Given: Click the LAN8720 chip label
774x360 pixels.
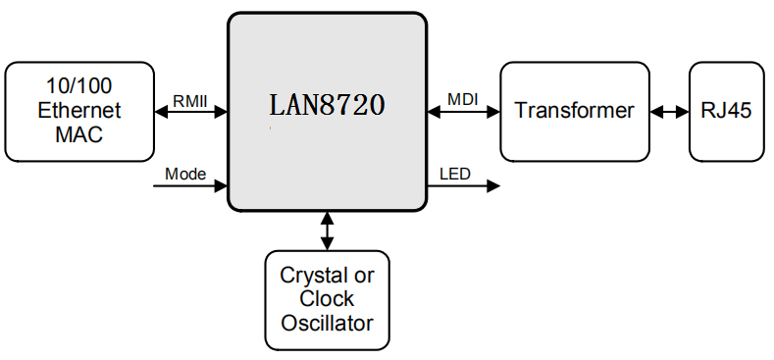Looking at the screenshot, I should tap(327, 104).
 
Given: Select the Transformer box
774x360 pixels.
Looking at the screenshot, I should tap(574, 111).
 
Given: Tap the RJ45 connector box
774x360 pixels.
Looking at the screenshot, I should tap(726, 111).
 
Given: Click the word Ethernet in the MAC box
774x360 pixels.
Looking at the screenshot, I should tap(79, 111).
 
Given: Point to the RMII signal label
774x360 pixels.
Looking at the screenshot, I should tap(190, 100).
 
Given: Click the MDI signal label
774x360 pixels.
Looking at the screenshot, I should tap(463, 100).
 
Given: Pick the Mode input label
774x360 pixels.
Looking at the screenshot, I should tap(184, 174).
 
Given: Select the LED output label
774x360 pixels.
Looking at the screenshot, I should tap(454, 175).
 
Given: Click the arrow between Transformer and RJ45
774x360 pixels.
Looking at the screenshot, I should tap(669, 112).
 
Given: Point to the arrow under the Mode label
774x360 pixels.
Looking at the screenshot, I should tap(190, 185).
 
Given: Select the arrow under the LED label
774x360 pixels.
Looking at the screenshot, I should tap(464, 185).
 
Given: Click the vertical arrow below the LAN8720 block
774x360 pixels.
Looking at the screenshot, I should tap(327, 231).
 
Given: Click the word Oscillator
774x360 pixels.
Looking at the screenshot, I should tap(327, 322).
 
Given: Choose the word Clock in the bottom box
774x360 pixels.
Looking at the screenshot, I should tap(327, 298).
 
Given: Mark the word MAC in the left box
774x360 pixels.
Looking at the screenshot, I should tap(79, 133).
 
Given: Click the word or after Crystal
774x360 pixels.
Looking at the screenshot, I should tap(364, 276).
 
